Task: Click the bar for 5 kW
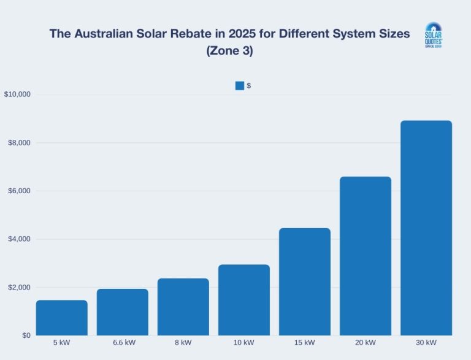pyautogui.click(x=62, y=318)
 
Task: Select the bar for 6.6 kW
pyautogui.click(x=123, y=312)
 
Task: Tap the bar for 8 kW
pyautogui.click(x=183, y=307)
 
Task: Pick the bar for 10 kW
pyautogui.click(x=244, y=300)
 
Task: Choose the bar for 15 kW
pyautogui.click(x=305, y=281)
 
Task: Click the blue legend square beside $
pyautogui.click(x=239, y=86)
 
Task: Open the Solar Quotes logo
pyautogui.click(x=434, y=36)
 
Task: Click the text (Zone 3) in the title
pyautogui.click(x=229, y=52)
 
